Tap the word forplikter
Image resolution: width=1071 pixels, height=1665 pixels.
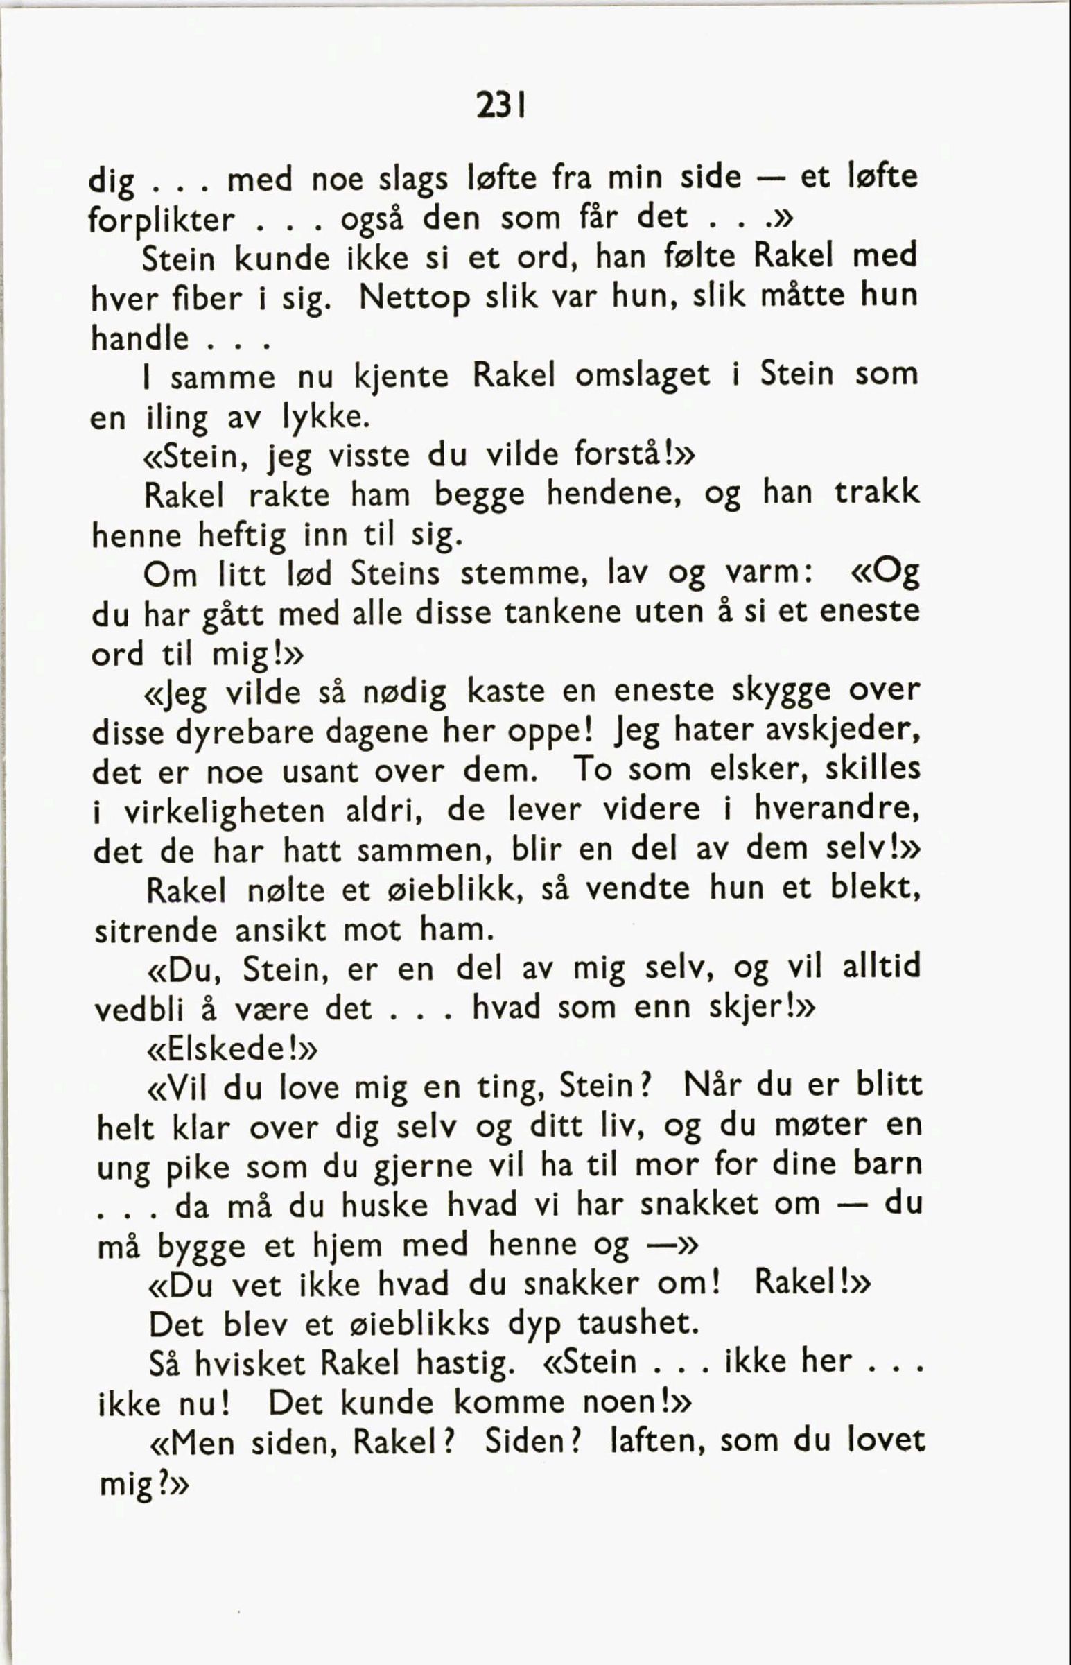pos(163,221)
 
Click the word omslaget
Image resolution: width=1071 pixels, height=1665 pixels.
pos(643,377)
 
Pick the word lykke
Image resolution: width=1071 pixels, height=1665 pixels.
pos(324,417)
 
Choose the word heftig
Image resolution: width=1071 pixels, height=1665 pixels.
pos(242,535)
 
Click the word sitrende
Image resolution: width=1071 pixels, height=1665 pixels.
pos(156,931)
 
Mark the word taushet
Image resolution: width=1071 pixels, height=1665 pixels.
pos(638,1324)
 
